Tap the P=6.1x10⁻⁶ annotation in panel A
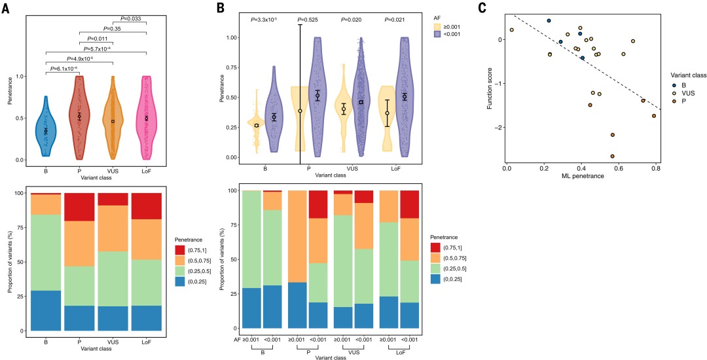[x=63, y=68]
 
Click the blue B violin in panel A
[x=46, y=128]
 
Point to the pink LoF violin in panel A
[x=147, y=118]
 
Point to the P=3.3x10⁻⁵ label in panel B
[x=264, y=20]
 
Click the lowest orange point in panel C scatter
[x=612, y=156]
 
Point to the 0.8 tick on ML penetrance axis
[x=656, y=169]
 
